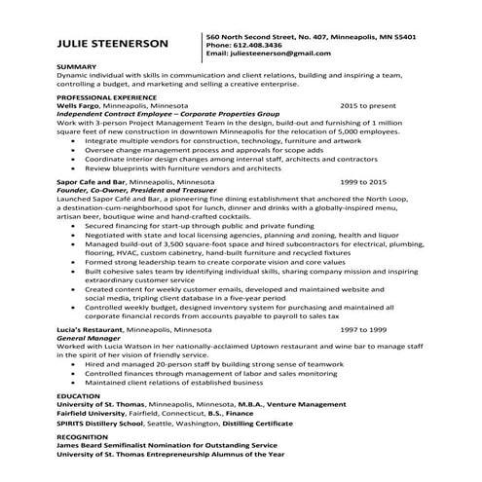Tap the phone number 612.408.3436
click(254, 45)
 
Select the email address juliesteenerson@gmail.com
click(278, 54)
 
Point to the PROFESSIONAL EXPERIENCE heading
click(105, 98)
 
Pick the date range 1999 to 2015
click(364, 181)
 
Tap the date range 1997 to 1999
click(364, 331)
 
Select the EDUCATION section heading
click(78, 397)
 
